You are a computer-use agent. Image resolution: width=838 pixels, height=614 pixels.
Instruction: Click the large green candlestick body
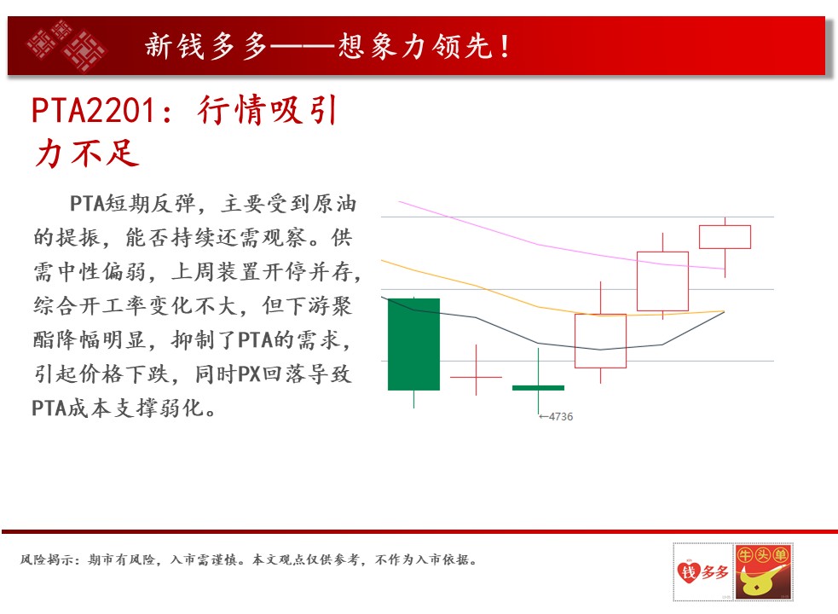[413, 345]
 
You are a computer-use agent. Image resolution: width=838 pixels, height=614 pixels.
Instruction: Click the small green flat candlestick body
[538, 388]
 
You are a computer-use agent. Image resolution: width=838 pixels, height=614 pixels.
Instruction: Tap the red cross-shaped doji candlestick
[477, 377]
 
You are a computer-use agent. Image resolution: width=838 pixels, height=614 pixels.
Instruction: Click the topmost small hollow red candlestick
[725, 237]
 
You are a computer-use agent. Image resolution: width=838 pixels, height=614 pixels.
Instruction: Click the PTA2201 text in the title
[93, 110]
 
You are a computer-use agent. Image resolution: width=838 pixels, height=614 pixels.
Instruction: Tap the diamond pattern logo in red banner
[66, 45]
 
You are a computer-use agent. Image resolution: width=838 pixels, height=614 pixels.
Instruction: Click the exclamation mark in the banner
[505, 46]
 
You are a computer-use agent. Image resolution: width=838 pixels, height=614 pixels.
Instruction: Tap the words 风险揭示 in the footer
[47, 559]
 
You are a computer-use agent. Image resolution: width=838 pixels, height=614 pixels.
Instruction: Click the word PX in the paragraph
[249, 374]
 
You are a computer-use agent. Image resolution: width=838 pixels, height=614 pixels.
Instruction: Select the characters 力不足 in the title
[87, 153]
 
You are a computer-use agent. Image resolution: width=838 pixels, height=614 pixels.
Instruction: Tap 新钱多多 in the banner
[205, 46]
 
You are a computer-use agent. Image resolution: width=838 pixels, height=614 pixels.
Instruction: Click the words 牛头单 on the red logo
[763, 554]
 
